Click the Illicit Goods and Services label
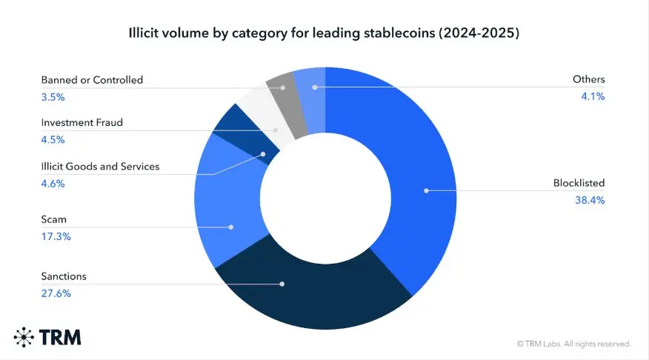100,166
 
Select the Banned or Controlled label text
92,79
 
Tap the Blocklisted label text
579,183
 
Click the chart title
324,33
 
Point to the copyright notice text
573,344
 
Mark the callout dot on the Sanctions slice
282,283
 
